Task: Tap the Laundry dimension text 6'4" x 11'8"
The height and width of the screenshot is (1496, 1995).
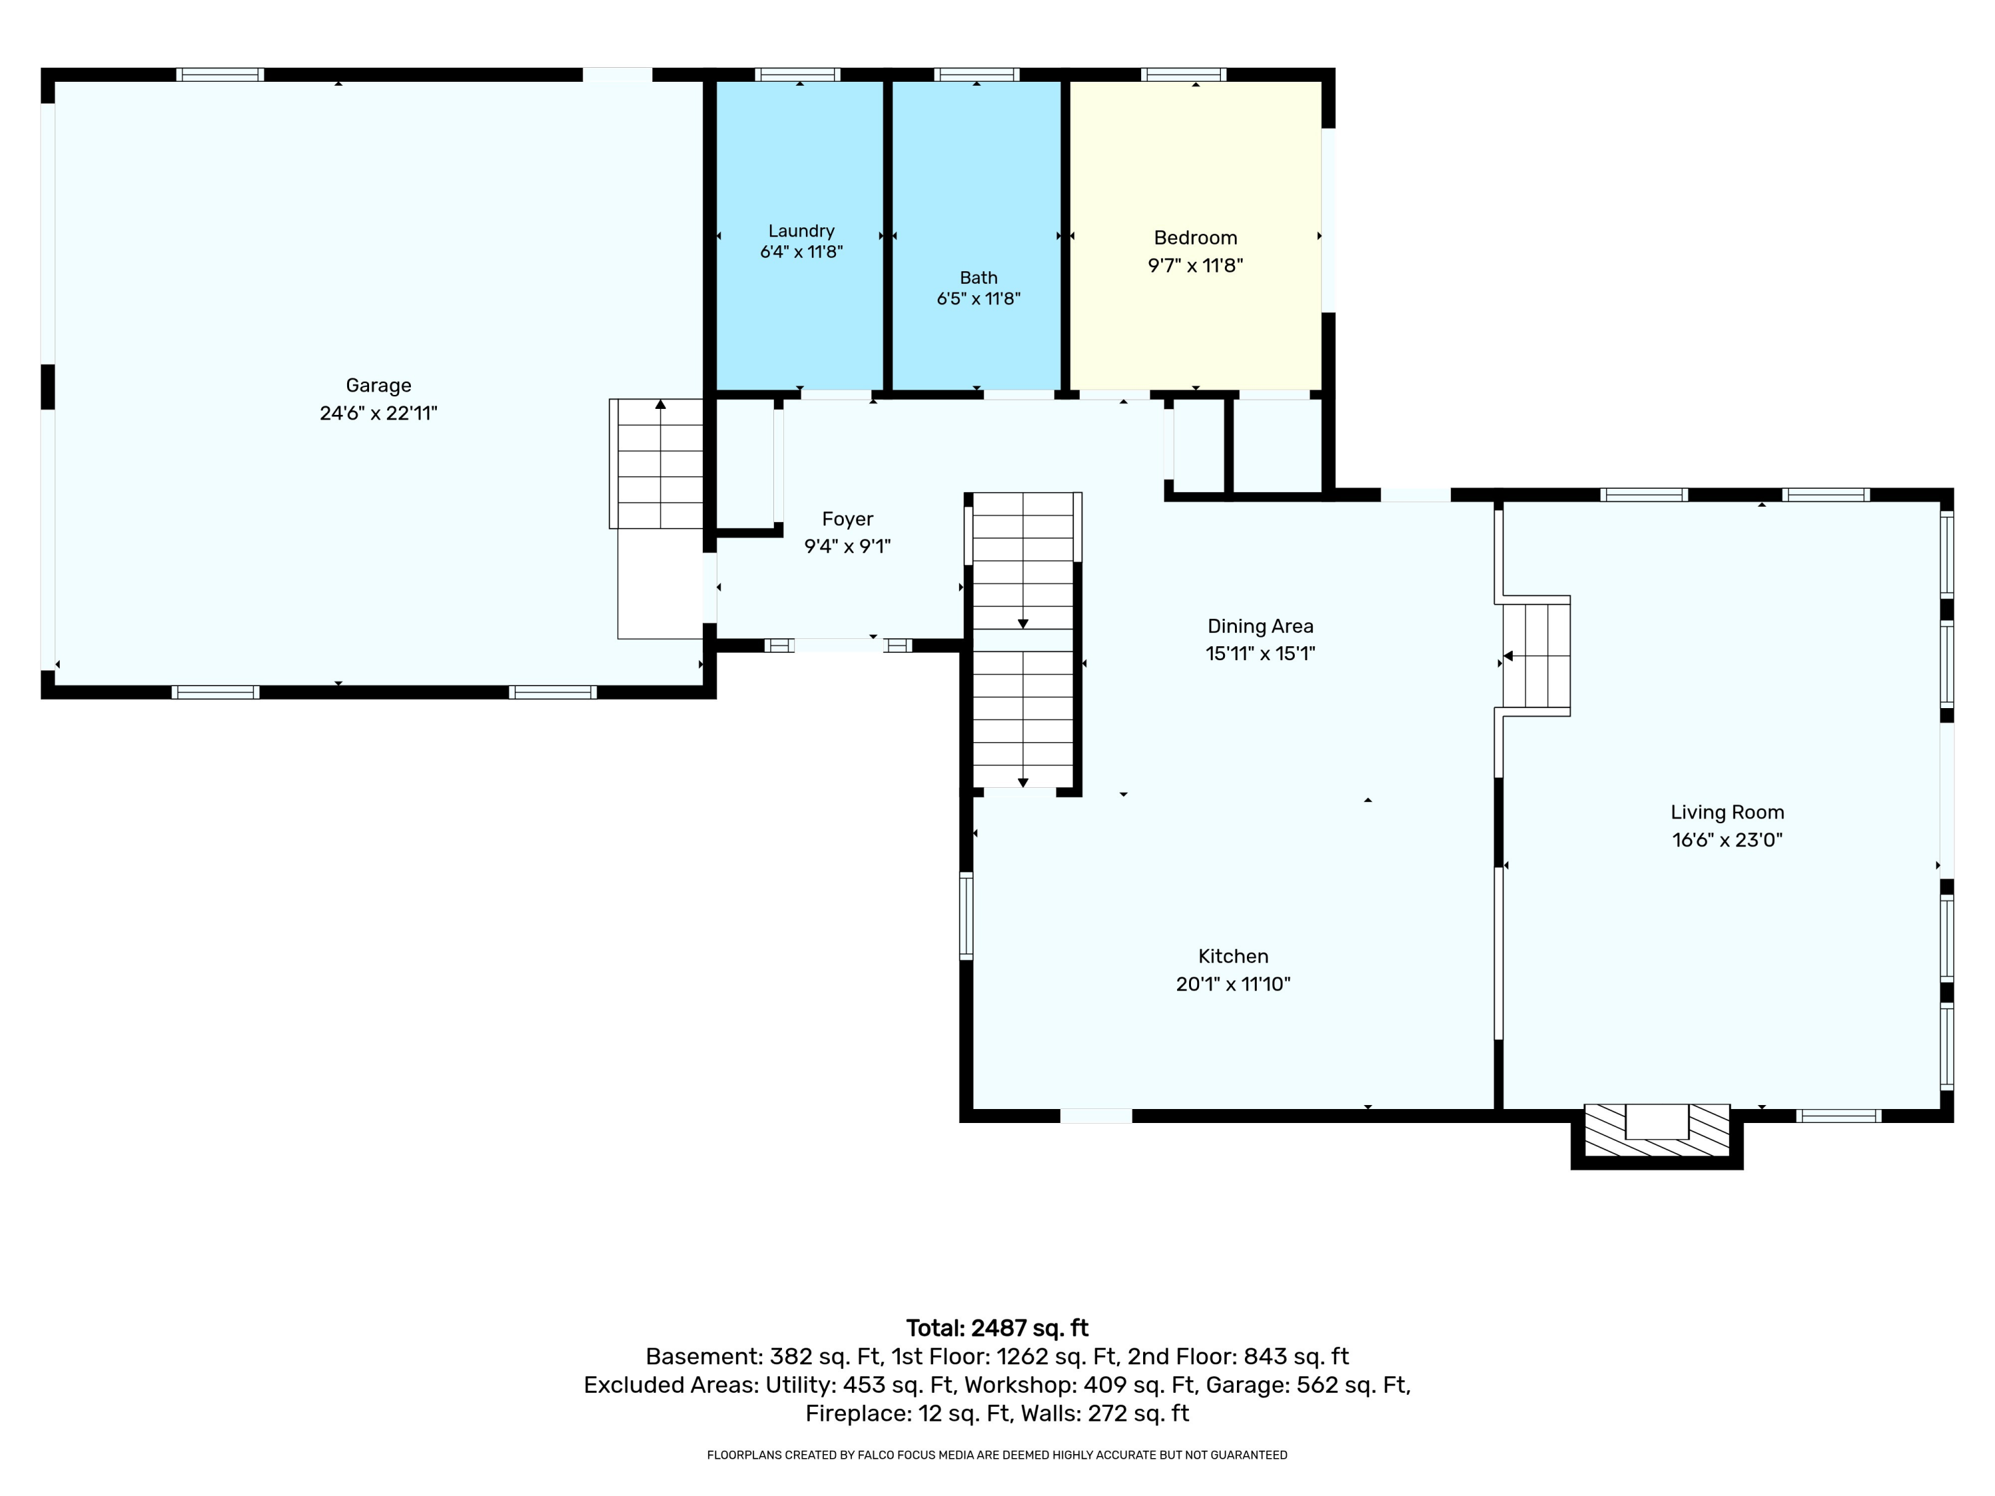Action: tap(801, 251)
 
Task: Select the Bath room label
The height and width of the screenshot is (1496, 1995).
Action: tap(979, 278)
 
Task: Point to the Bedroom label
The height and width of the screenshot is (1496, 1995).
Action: tap(1195, 237)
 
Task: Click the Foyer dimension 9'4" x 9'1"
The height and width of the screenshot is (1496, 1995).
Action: tap(847, 546)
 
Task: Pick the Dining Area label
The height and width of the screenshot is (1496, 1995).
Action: tap(1260, 626)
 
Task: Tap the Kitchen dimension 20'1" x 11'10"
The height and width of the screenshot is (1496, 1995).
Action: tap(1233, 984)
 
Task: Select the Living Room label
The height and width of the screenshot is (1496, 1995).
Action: tap(1727, 812)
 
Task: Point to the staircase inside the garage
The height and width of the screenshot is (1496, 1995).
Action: tap(656, 463)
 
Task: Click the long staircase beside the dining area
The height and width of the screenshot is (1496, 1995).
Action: tap(1023, 640)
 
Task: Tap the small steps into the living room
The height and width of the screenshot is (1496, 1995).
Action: tap(1536, 656)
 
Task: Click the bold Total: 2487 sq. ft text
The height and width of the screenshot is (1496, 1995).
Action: tap(997, 1328)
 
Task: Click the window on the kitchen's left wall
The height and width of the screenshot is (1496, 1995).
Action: tap(966, 916)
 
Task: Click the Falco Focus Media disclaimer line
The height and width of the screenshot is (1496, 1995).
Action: tap(997, 1455)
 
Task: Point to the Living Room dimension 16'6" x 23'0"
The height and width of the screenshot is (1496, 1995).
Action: tap(1727, 840)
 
